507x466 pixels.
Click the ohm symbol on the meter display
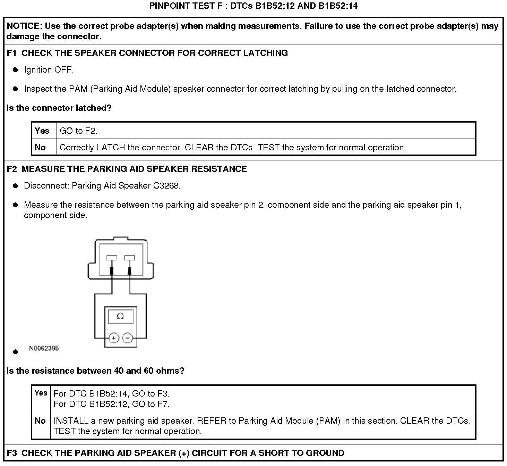[x=120, y=316]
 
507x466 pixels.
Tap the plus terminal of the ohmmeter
[x=114, y=338]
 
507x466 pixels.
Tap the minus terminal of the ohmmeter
[x=128, y=338]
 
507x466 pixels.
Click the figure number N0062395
[x=44, y=348]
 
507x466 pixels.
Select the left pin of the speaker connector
[x=112, y=258]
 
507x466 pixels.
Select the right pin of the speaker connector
[x=129, y=258]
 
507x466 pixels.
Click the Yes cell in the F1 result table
[x=42, y=131]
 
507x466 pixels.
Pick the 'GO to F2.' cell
[x=78, y=131]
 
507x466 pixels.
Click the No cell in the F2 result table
[x=40, y=421]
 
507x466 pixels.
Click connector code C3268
[x=166, y=186]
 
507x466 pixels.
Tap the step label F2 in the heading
[x=12, y=169]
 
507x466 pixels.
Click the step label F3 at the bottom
[x=12, y=453]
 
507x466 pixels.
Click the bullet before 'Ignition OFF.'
[x=15, y=70]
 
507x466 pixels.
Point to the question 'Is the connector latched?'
[x=59, y=108]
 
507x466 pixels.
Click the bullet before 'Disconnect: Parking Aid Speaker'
[x=15, y=186]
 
